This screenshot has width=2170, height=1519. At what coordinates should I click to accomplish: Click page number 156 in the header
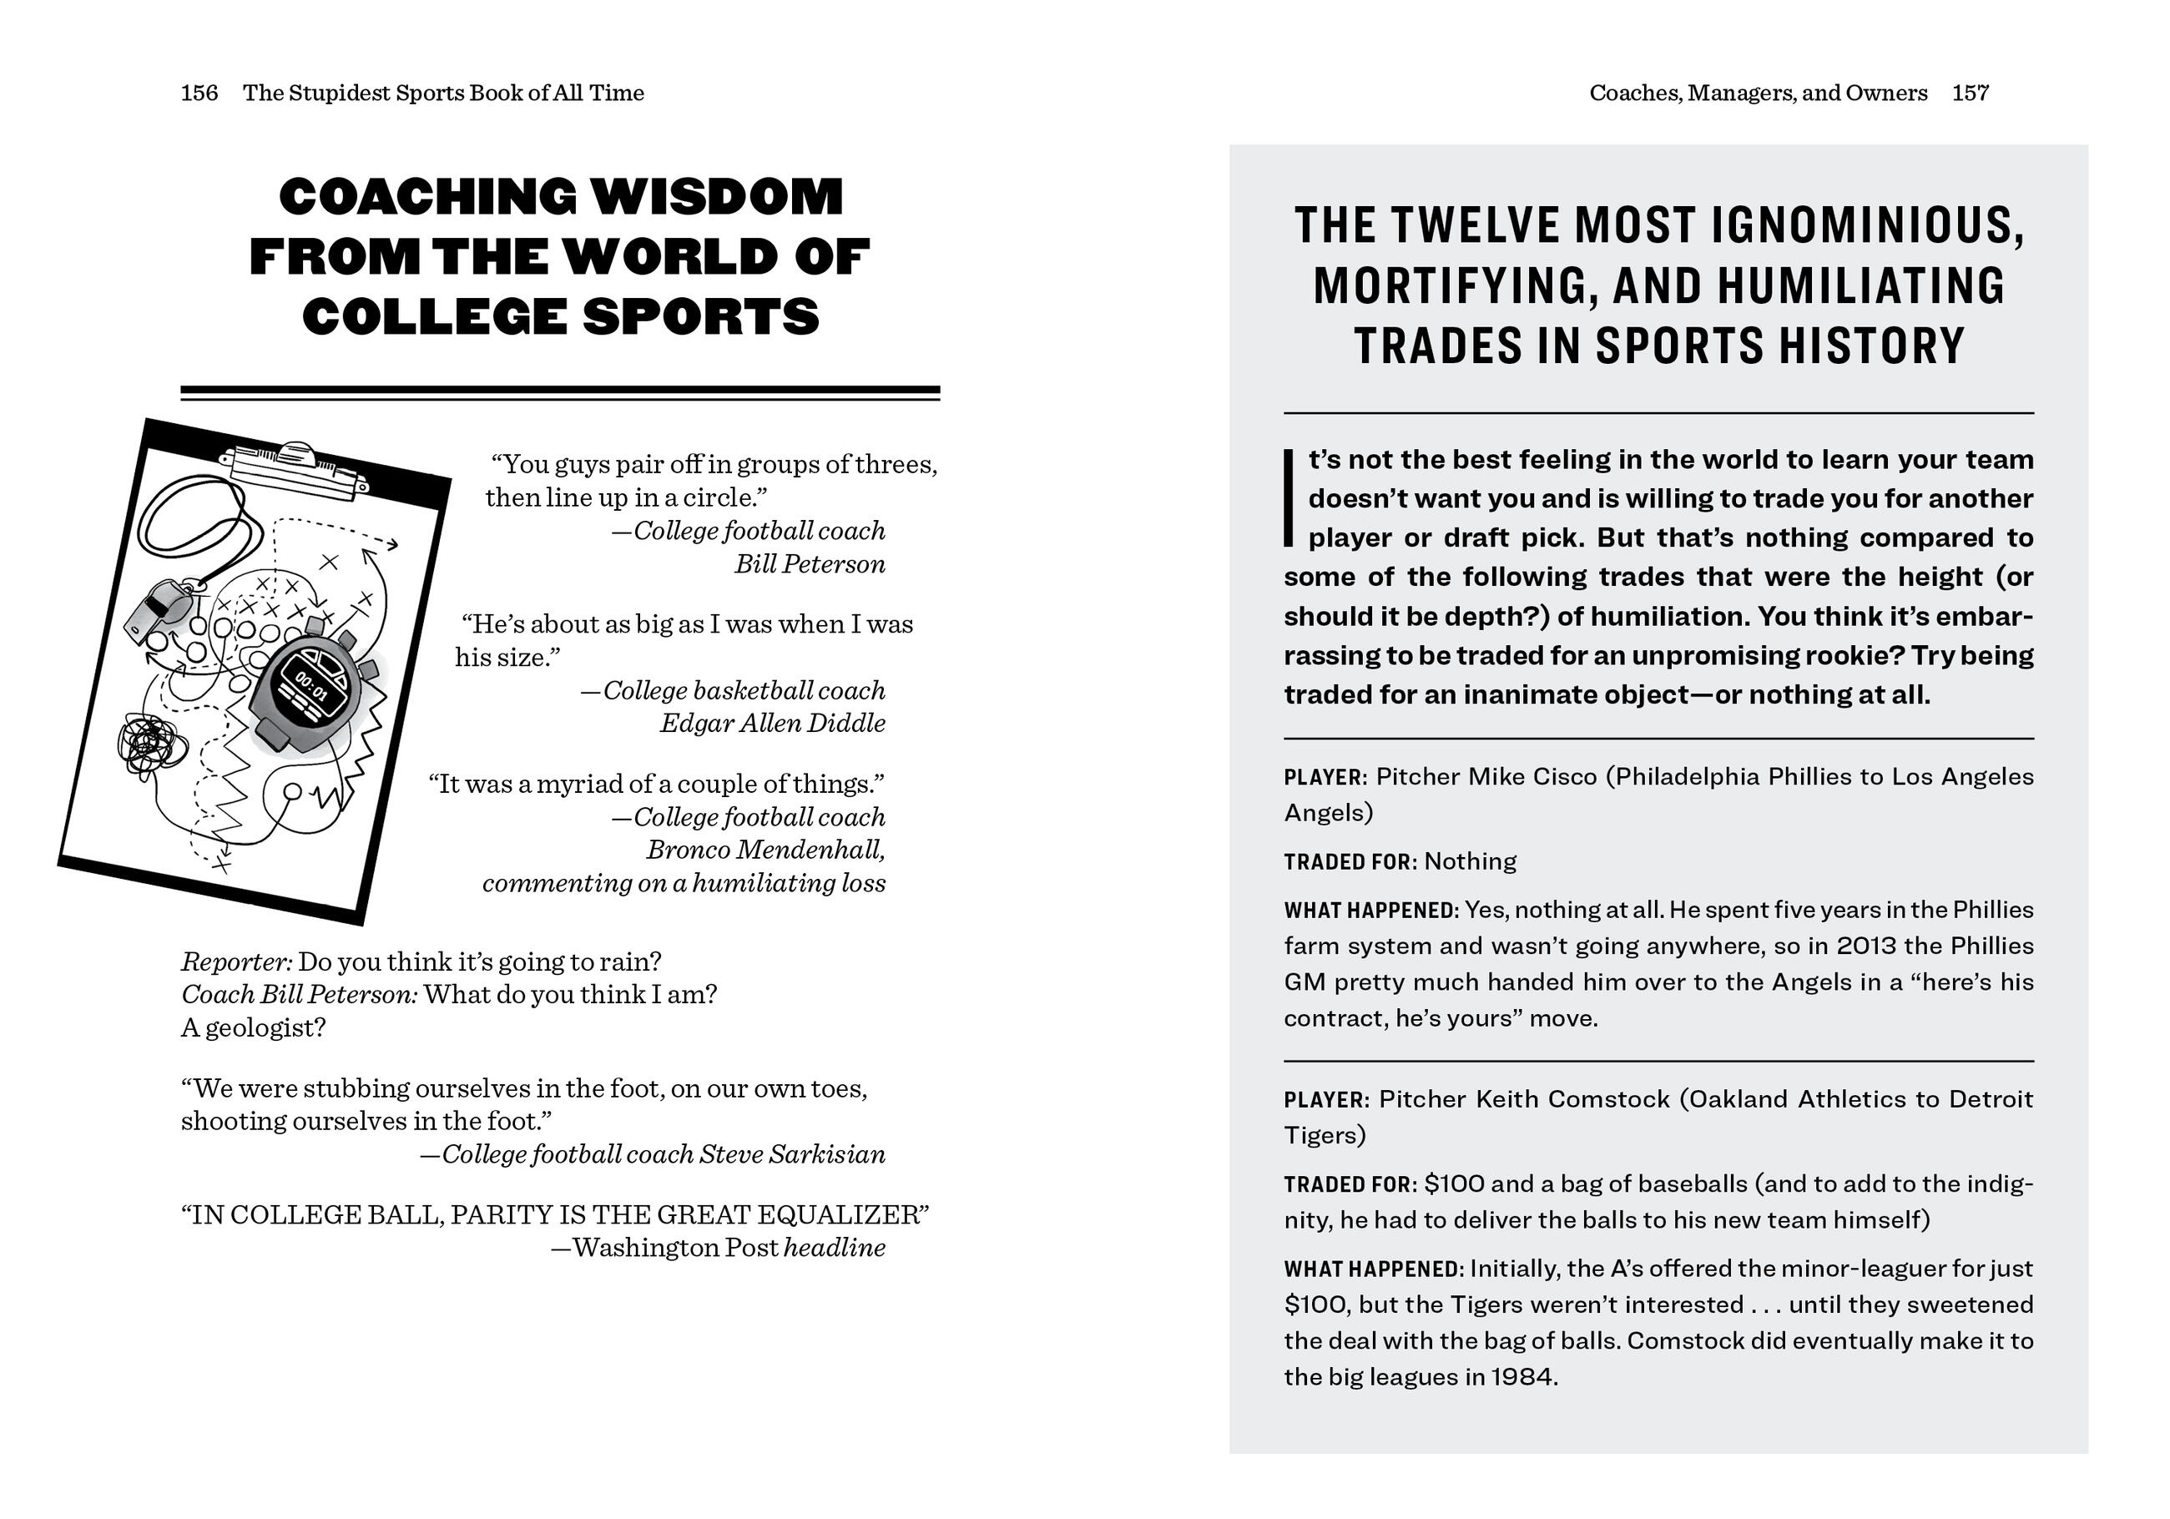tap(199, 93)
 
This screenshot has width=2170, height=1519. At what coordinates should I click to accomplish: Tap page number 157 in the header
tap(1971, 93)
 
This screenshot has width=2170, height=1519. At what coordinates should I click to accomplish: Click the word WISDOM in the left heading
tap(716, 197)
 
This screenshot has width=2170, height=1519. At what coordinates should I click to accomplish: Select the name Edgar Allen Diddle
tap(772, 723)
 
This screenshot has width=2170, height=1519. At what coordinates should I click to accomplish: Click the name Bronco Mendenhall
tap(765, 850)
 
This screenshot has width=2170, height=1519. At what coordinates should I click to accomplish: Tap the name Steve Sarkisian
tap(792, 1154)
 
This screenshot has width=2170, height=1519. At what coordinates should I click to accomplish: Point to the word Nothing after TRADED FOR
tap(1470, 861)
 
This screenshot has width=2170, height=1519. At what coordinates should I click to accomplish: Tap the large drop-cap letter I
tap(1288, 498)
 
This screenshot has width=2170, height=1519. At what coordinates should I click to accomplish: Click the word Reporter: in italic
tap(236, 962)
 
